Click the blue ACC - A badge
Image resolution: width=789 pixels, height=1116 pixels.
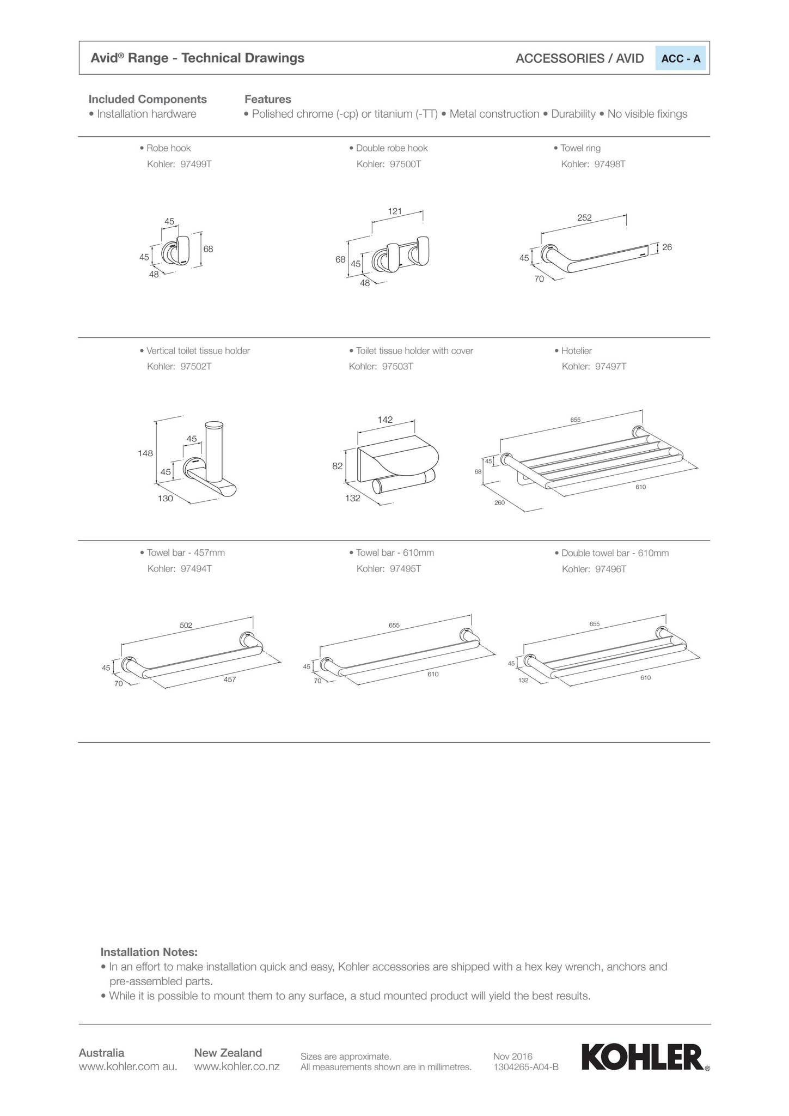tap(680, 59)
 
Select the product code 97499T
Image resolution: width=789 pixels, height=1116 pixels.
tap(195, 164)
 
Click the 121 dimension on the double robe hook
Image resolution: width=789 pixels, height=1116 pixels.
tap(395, 211)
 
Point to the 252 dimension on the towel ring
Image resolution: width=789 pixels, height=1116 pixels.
tap(584, 217)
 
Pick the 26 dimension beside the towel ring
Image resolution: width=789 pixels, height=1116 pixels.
tap(667, 247)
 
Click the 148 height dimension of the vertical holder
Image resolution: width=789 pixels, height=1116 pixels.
tap(145, 453)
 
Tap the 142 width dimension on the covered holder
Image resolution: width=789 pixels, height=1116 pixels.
tap(385, 420)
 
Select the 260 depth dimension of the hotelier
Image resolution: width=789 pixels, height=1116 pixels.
tap(499, 502)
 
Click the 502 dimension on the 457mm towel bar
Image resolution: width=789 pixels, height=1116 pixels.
tap(186, 625)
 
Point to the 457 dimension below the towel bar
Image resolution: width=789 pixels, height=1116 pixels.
tap(230, 680)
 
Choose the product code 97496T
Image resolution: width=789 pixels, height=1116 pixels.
tap(610, 569)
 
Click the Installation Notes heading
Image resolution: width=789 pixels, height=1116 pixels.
tap(149, 952)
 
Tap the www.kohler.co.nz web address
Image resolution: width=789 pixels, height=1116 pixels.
tap(237, 1066)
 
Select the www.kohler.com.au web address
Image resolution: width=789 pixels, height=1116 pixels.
tap(128, 1066)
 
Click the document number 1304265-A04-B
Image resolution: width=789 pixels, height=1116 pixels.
tap(525, 1067)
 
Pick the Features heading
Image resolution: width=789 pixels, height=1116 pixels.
tap(268, 99)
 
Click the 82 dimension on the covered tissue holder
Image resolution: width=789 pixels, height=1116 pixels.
tap(338, 466)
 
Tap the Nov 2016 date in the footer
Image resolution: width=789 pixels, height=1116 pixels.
tap(512, 1057)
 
